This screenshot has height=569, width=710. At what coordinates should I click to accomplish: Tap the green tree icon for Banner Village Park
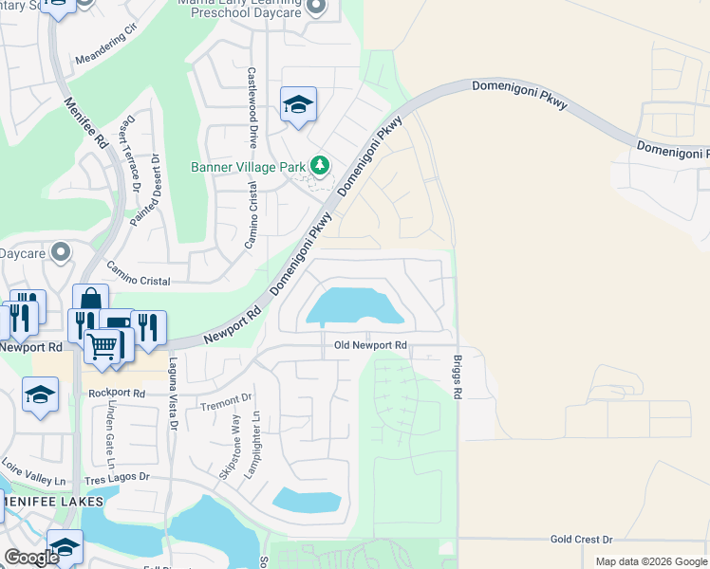pos(321,167)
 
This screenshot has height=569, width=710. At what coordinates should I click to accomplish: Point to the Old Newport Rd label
pos(370,345)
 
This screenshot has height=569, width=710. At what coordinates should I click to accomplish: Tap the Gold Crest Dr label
pos(582,539)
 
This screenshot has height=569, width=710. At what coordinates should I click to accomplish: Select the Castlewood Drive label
pos(252,107)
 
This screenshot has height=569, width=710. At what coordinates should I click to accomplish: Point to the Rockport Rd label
pos(117,393)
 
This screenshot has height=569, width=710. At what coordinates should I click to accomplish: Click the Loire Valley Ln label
pos(33,486)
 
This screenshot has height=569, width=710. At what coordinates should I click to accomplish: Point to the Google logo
pos(31,558)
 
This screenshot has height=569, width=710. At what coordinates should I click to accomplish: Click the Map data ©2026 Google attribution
pos(651,561)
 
